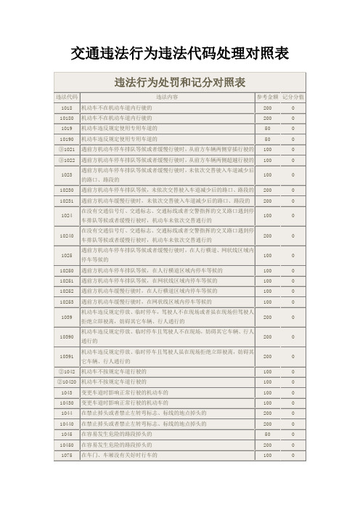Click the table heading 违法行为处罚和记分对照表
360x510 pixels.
(x=179, y=81)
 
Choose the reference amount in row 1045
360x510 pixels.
(x=267, y=434)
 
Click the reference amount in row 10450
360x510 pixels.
(x=267, y=444)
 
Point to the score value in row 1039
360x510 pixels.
(x=293, y=317)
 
